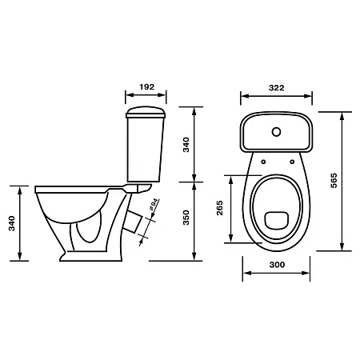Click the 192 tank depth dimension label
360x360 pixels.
tap(147, 87)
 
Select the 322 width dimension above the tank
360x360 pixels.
tap(277, 88)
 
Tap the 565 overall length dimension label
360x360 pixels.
tap(334, 181)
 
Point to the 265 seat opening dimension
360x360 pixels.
tap(219, 208)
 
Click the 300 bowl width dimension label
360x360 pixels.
tap(277, 265)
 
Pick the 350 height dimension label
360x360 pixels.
tap(186, 218)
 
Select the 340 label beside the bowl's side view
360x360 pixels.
tap(12, 223)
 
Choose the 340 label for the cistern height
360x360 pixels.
tap(186, 145)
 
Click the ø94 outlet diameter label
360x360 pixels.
tap(154, 205)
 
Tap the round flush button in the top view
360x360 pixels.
tap(276, 132)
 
